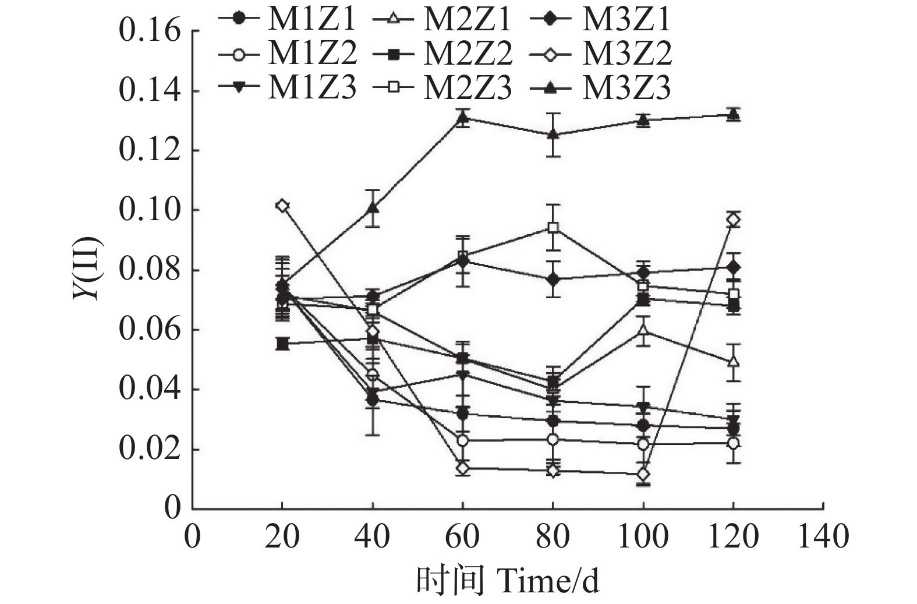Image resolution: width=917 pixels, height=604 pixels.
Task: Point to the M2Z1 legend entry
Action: tap(442, 19)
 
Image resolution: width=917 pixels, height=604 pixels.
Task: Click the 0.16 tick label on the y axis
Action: tap(150, 31)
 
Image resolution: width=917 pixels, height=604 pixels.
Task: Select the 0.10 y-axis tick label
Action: tap(150, 210)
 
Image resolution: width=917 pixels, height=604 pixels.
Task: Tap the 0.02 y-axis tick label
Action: tap(150, 450)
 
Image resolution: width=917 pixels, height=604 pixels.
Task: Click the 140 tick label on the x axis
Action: tap(822, 536)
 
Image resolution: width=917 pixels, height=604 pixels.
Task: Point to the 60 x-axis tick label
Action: tap(462, 536)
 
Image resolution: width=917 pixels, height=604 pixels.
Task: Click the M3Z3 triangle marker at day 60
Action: tap(463, 118)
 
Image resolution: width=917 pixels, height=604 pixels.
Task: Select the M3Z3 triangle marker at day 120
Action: tap(734, 114)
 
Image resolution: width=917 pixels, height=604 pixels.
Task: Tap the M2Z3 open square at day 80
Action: tap(553, 227)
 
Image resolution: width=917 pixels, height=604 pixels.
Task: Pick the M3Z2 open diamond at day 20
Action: tap(282, 206)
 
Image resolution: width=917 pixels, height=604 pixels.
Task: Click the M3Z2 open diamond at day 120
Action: tap(734, 220)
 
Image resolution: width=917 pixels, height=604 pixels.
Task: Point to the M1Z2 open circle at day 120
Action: tap(734, 443)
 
